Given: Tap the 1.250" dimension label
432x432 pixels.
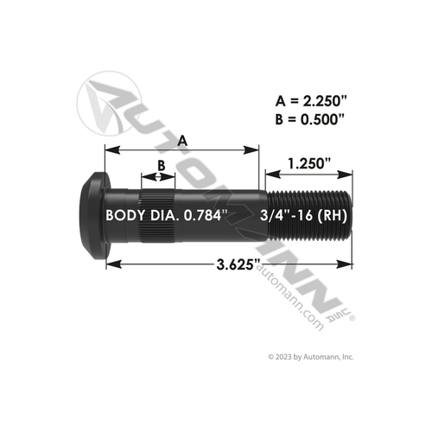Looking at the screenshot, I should coord(308,161).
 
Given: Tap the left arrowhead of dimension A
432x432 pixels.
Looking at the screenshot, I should coord(109,150).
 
